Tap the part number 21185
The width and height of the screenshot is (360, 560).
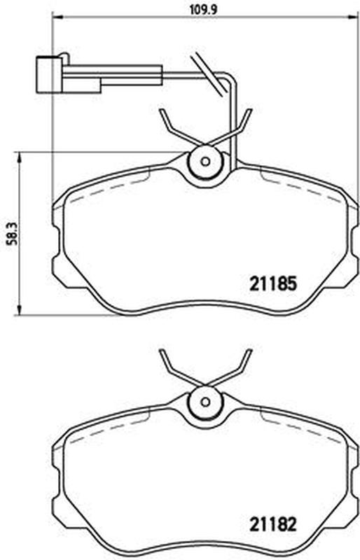pos(273,284)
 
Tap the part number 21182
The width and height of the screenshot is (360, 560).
pos(273,524)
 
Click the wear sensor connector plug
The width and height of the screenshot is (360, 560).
pos(49,75)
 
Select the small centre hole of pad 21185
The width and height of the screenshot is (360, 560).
pos(205,162)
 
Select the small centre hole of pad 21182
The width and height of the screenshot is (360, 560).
pos(205,402)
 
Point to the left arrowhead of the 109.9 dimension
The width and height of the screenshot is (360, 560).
pos(57,16)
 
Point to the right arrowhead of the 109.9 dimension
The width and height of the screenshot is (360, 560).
pos(354,16)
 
